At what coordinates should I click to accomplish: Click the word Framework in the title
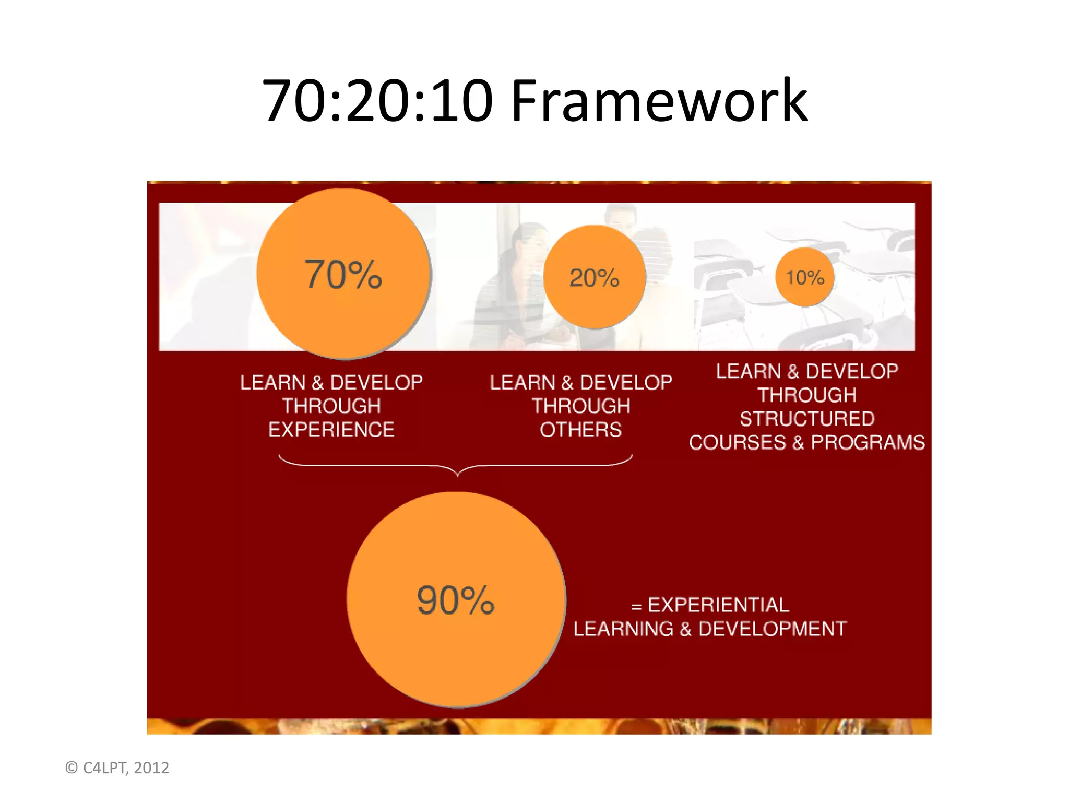coord(659,100)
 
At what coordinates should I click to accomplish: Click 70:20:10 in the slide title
coord(377,100)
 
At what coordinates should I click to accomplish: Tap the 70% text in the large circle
coord(343,274)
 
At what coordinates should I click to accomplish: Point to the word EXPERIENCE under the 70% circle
coord(331,430)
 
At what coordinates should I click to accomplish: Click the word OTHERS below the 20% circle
coord(580,430)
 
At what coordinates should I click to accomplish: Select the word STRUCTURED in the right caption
coord(807,419)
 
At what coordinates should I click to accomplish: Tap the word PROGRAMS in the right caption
coord(868,442)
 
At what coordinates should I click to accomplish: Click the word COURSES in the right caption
coord(737,442)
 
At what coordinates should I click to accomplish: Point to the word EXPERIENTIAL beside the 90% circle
coord(718,605)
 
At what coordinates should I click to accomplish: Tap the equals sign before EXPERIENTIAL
coord(636,607)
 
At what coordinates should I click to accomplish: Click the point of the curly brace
coord(458,474)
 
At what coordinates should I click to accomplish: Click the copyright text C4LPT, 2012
coord(126,768)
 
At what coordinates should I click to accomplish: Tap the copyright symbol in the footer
coord(72,768)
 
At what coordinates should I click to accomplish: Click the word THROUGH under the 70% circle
coord(331,406)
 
